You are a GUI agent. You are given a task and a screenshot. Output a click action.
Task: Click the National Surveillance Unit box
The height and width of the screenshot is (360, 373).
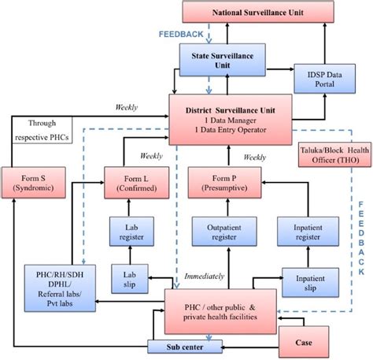tap(258, 12)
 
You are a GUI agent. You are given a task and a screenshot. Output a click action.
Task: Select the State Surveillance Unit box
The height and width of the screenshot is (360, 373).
tap(223, 60)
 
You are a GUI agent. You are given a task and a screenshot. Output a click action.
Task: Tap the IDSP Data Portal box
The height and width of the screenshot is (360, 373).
tap(325, 79)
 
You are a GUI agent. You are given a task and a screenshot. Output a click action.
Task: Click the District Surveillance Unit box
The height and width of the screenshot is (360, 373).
tap(231, 120)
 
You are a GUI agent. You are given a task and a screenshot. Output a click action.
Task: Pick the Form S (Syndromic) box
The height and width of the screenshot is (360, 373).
tap(34, 183)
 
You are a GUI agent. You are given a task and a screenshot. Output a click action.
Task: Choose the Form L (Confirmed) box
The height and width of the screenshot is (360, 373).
tap(136, 183)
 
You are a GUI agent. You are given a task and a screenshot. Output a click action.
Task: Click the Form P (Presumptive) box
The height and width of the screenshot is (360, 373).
tap(224, 183)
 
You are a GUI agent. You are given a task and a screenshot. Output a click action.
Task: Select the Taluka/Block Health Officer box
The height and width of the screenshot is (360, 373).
tap(335, 155)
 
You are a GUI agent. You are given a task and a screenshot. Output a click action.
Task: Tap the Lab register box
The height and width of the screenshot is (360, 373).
tap(131, 232)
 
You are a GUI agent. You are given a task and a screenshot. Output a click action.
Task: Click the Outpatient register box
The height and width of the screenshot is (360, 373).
tap(224, 232)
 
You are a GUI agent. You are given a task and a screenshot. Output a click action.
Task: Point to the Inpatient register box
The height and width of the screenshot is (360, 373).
tap(308, 232)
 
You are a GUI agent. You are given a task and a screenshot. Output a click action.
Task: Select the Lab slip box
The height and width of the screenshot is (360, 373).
tap(130, 279)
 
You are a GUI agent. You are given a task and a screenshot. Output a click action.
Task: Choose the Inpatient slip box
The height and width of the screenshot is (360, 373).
tap(310, 283)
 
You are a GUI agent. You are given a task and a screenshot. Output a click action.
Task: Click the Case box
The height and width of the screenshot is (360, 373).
tap(304, 342)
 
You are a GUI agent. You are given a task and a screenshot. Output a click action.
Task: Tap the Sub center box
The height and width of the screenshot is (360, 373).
tap(185, 347)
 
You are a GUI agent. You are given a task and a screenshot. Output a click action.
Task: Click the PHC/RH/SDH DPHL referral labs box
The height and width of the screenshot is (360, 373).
tap(60, 288)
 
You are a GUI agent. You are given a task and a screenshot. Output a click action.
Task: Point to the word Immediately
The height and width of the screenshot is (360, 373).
tap(205, 276)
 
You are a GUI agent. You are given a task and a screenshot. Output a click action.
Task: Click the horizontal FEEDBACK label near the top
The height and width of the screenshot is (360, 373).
tap(181, 34)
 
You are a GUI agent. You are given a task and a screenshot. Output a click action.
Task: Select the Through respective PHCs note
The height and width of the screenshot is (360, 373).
tap(42, 130)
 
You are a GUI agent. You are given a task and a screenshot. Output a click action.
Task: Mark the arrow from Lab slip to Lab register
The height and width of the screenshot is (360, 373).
tap(130, 255)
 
